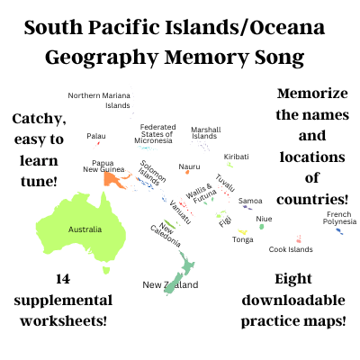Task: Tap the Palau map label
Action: [96, 136]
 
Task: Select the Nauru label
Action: [189, 166]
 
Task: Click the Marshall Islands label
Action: [205, 132]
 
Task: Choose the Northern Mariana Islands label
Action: [99, 100]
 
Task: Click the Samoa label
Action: [250, 201]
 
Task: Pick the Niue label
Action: [264, 218]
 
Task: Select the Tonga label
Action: [242, 239]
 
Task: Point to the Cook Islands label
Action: [291, 249]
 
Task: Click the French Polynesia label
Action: [338, 217]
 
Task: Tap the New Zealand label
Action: [170, 284]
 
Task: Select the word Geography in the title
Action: [101, 58]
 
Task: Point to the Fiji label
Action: [225, 220]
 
